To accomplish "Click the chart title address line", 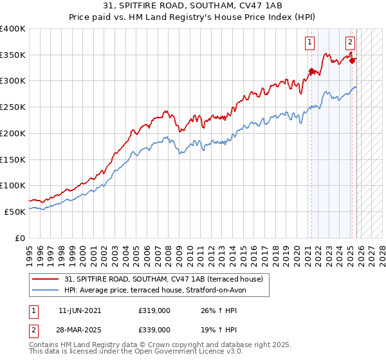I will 193,6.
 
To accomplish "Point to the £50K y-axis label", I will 15,212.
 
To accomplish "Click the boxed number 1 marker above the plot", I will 309,43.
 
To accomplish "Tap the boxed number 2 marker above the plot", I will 350,43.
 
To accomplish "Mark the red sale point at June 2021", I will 311,71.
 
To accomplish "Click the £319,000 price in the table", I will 154,310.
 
